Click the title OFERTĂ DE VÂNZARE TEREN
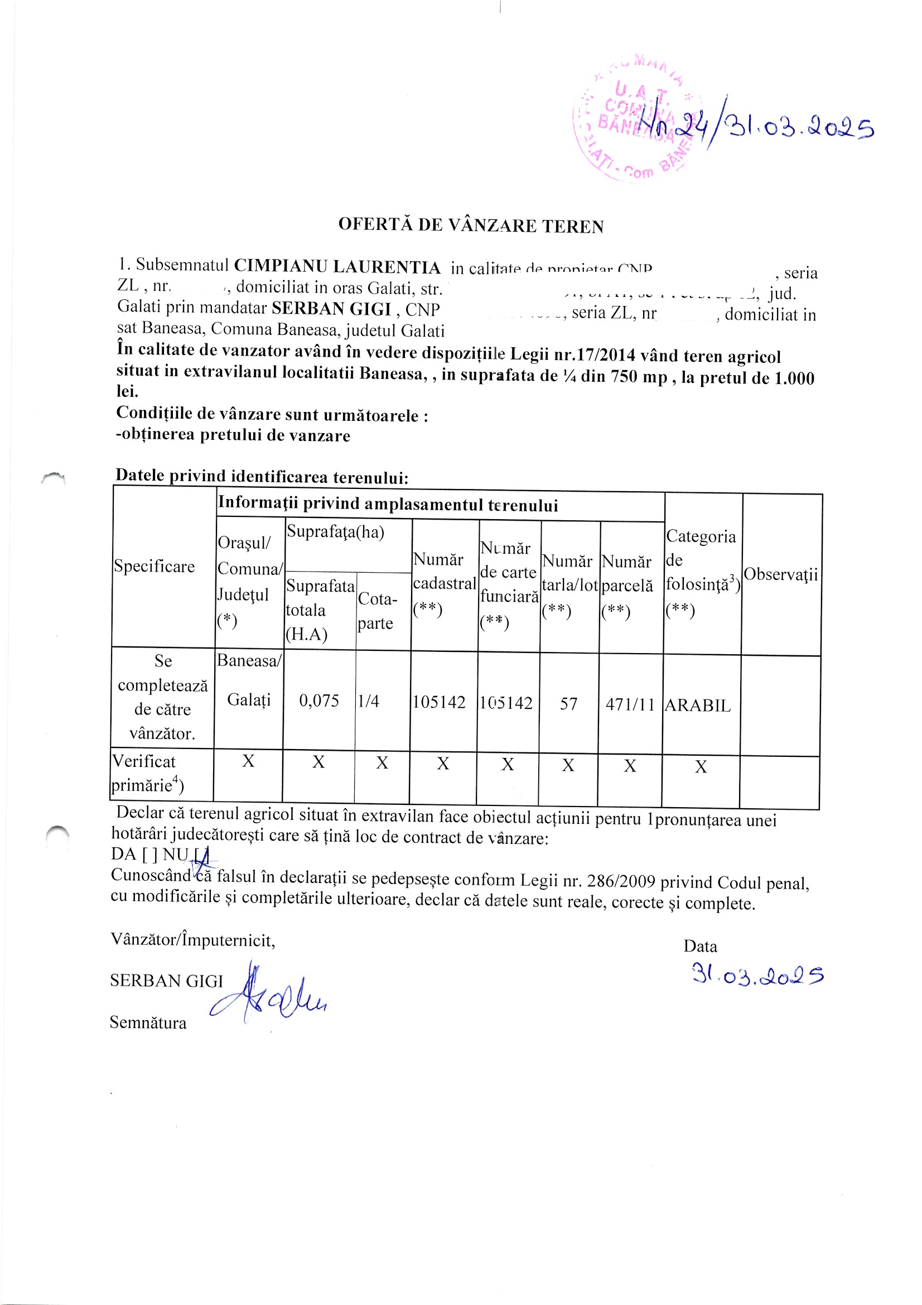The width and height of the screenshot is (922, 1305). tap(470, 225)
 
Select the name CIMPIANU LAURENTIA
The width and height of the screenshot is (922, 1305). tap(337, 266)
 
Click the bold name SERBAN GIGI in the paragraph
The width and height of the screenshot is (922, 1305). tap(331, 308)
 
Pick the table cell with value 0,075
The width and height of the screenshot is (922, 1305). tap(318, 701)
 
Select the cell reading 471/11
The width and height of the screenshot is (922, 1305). tap(630, 705)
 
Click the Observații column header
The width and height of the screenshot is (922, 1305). tap(780, 574)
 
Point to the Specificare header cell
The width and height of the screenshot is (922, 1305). tap(154, 566)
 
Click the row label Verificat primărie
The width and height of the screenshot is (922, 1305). tap(147, 773)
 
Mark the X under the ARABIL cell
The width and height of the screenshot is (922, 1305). tap(701, 767)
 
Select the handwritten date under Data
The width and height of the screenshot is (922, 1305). tap(757, 975)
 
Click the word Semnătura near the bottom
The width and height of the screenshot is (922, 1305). tap(148, 1023)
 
